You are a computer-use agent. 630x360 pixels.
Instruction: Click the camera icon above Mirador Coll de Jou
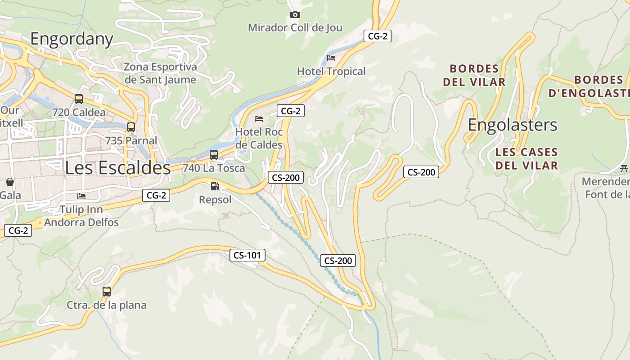295,15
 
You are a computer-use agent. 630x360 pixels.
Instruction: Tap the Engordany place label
72,39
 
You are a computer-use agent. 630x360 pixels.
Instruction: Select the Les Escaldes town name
118,168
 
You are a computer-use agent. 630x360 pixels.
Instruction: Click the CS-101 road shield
247,256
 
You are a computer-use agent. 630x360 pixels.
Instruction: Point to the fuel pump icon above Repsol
215,186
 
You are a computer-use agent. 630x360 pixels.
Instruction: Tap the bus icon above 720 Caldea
79,99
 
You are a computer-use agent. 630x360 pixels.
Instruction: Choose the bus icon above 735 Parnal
131,127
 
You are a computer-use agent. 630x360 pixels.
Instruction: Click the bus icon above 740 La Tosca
214,155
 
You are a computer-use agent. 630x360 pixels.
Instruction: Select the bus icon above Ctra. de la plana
107,292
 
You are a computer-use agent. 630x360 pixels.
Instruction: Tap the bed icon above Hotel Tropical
331,58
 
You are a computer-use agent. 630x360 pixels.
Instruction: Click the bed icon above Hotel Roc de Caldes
259,119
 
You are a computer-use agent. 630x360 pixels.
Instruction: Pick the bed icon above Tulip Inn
81,196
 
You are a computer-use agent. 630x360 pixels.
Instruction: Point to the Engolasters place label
513,125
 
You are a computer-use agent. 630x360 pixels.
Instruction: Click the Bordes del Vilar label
474,76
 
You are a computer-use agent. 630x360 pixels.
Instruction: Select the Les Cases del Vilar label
526,159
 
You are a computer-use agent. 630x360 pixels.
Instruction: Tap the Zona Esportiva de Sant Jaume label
160,73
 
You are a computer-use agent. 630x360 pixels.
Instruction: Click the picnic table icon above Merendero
624,169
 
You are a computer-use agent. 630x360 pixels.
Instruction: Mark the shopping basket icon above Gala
10,182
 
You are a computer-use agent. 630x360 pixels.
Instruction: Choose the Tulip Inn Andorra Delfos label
81,216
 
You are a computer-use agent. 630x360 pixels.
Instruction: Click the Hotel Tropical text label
331,72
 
